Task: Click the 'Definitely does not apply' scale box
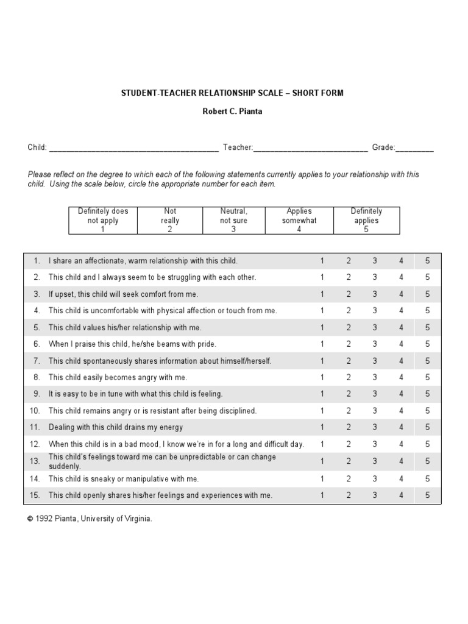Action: point(103,221)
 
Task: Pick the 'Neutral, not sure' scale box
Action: point(233,221)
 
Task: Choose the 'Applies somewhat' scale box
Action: point(299,221)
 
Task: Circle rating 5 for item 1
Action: point(428,261)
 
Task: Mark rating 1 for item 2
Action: point(322,277)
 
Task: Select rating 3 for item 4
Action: point(375,311)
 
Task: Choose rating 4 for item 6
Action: point(402,344)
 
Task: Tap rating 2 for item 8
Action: point(349,378)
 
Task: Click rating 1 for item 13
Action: point(322,461)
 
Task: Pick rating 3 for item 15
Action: point(375,495)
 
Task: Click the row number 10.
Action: point(35,411)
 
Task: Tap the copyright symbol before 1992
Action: point(30,519)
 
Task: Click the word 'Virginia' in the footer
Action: point(137,519)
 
